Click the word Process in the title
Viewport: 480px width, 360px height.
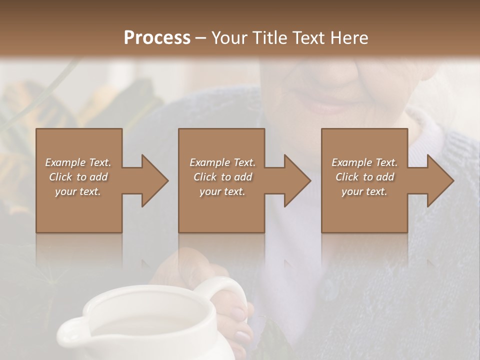(x=157, y=38)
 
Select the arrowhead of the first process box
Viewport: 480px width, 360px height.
(x=154, y=181)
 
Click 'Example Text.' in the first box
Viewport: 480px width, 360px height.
(x=78, y=162)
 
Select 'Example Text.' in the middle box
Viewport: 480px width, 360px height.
(x=222, y=162)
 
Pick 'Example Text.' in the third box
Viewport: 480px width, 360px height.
(x=364, y=162)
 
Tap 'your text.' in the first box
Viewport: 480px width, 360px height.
(x=78, y=192)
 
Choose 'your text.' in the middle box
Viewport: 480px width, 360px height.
(x=222, y=192)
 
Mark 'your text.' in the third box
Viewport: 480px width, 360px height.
(x=364, y=192)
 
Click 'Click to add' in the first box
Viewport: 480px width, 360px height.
(x=78, y=177)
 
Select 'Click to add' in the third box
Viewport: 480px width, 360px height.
(x=364, y=177)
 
